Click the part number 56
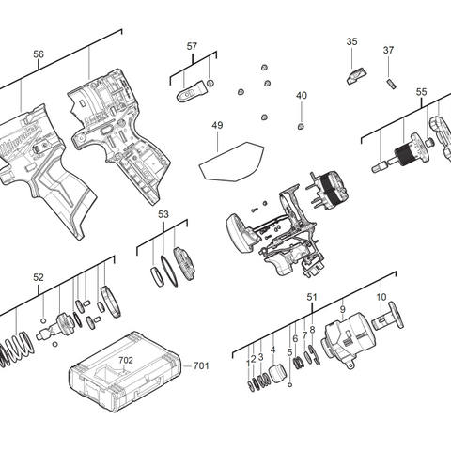pos(39,54)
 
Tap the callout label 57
pos(192,46)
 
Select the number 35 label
pos(351,41)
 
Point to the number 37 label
pos(388,50)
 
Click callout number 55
pos(421,92)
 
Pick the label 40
pos(301,96)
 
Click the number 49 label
pos(217,125)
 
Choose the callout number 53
pos(163,215)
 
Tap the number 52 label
pos(39,277)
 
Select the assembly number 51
pos(311,297)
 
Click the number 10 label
pos(381,297)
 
